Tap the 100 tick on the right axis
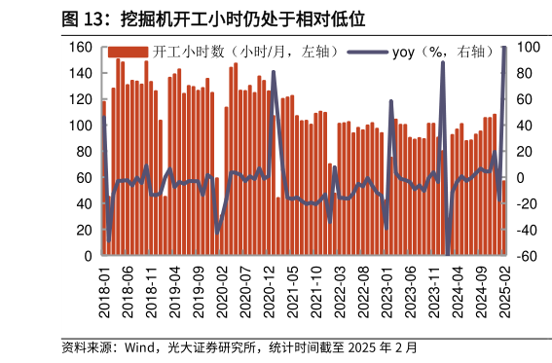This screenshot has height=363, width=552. point(524,47)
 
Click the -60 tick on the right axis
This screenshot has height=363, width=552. point(524,256)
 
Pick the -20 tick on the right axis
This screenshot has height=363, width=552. point(524,204)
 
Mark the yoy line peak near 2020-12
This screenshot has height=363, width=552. point(273,72)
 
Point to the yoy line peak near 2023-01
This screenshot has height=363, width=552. point(391,100)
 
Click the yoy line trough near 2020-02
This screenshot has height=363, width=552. point(217,232)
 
